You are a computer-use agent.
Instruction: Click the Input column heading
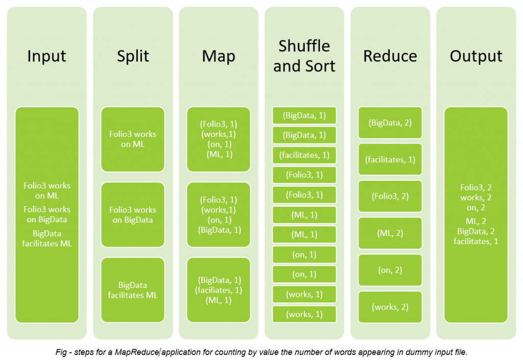[x=47, y=56]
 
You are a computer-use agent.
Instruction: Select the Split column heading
[x=133, y=56]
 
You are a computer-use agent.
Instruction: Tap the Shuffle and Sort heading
[x=304, y=56]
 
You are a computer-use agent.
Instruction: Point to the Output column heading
[x=476, y=56]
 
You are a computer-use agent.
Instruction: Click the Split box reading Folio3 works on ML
[x=133, y=139]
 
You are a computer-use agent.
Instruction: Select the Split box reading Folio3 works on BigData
[x=133, y=214]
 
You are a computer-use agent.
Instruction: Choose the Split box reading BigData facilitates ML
[x=133, y=290]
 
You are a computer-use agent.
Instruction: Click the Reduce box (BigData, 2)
[x=390, y=123]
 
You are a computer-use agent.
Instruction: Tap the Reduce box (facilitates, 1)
[x=390, y=159]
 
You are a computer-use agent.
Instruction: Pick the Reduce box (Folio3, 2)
[x=390, y=196]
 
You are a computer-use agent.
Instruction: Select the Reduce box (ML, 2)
[x=390, y=233]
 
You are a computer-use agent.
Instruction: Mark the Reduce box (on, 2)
[x=390, y=270]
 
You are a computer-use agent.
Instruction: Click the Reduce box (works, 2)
[x=390, y=307]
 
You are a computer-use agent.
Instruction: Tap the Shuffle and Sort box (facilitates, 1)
[x=304, y=155]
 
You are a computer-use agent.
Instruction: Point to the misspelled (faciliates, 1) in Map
[x=219, y=290]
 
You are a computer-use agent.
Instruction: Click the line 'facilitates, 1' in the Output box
[x=476, y=241]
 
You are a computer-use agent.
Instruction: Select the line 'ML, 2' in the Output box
[x=476, y=221]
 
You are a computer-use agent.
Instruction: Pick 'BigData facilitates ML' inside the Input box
[x=47, y=238]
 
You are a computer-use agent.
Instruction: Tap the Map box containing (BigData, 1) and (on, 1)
[x=219, y=214]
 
